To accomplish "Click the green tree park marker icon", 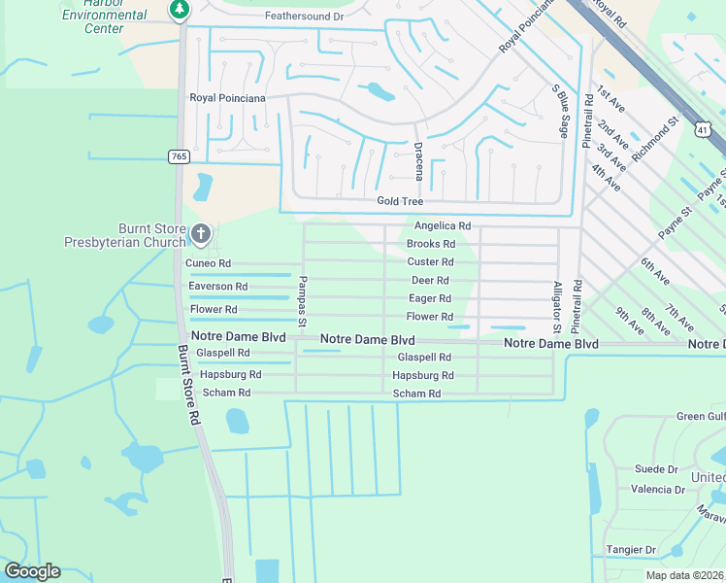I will point(179,10).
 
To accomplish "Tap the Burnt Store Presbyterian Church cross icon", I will point(201,232).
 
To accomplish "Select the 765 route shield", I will point(179,156).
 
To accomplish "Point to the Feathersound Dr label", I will point(304,17).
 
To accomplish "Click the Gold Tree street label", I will point(400,201).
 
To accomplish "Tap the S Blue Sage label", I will point(560,109).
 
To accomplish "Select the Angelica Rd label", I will point(442,225).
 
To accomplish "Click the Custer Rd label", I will point(430,262).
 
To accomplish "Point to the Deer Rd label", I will point(430,281).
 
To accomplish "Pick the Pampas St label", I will point(302,299).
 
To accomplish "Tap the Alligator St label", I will point(557,305).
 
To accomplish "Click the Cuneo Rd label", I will point(208,263).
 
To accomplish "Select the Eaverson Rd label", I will point(217,287).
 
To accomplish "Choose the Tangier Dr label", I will point(631,550).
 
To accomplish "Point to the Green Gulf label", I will point(701,417).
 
